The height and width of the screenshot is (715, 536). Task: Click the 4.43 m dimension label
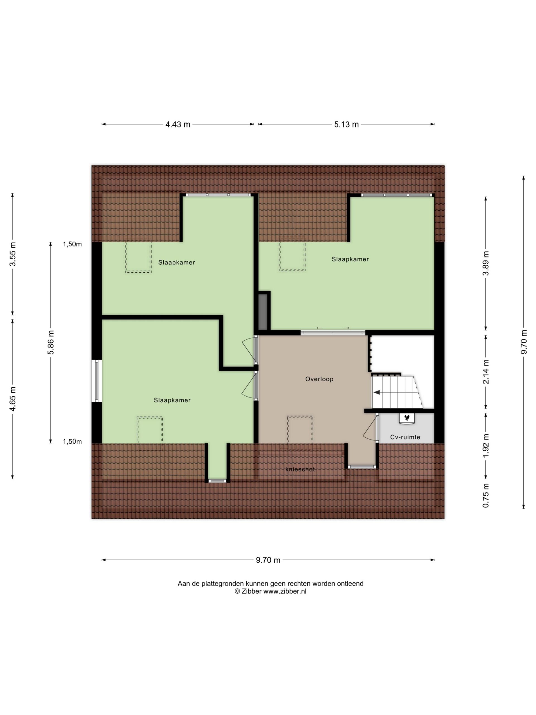pos(178,125)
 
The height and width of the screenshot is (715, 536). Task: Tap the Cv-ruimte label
pos(405,437)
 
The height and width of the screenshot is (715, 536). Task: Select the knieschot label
pos(300,469)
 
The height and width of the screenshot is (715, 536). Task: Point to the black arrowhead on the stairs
pos(377,392)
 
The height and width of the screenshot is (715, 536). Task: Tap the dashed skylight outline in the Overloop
pos(300,430)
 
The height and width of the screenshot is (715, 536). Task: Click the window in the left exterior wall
pos(97,381)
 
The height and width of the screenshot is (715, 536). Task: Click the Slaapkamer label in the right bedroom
pos(350,259)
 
